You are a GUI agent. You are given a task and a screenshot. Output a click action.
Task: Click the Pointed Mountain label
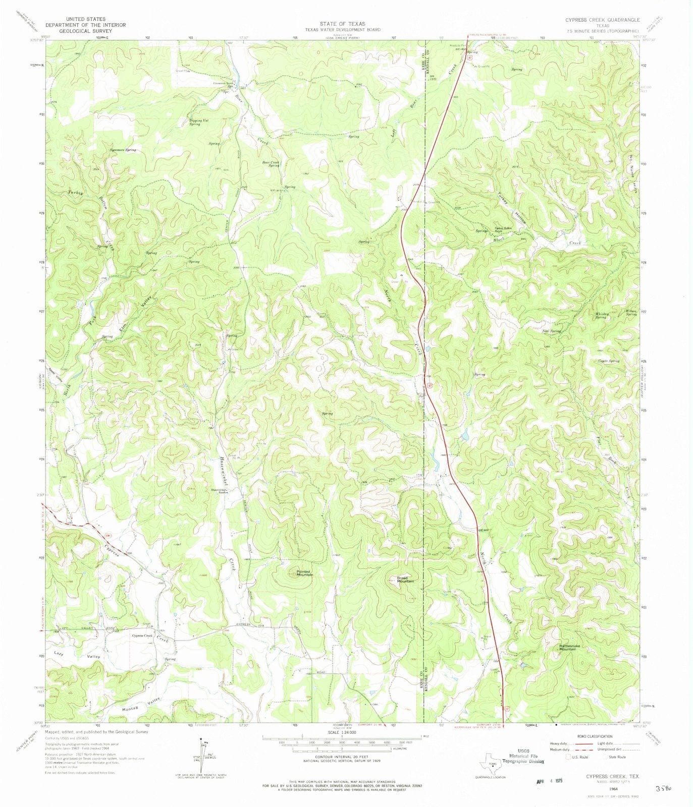point(304,573)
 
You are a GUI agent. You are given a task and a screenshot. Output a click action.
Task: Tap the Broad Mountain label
point(405,580)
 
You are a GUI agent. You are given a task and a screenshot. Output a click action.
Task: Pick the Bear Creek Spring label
point(271,164)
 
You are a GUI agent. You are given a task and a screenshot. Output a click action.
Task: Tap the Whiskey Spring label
point(602,315)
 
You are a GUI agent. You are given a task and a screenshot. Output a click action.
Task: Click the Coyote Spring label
point(608,361)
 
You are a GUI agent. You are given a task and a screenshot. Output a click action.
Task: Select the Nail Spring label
point(552,331)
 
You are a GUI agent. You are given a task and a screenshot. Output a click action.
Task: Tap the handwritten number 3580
point(665,788)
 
